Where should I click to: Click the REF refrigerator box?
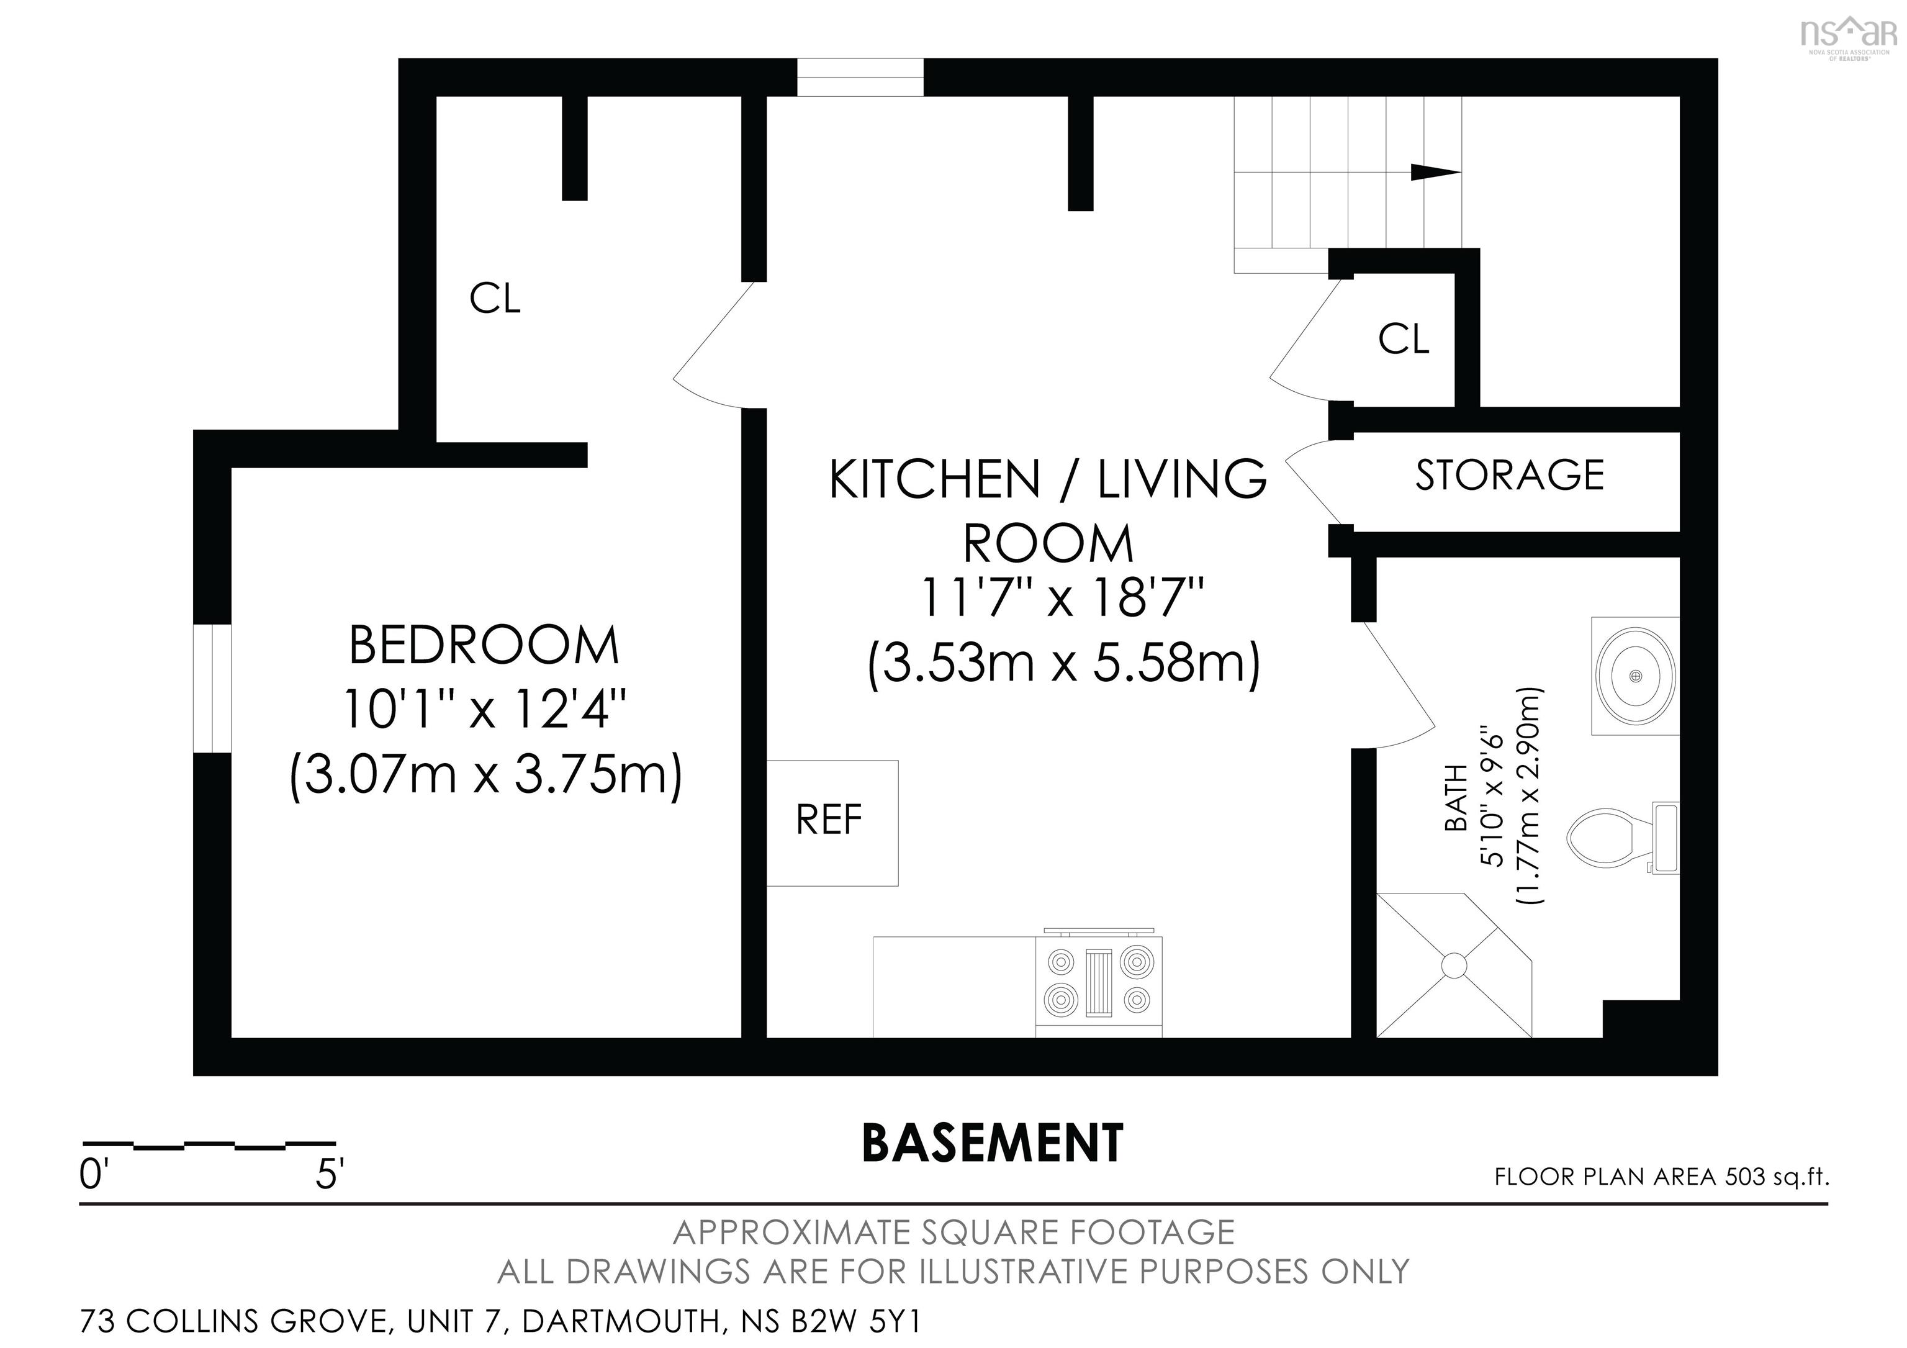click(831, 822)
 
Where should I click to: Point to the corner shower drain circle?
click(1454, 965)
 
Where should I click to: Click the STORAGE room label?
click(1509, 475)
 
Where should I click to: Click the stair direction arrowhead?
click(1435, 172)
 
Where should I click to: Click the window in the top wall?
click(860, 77)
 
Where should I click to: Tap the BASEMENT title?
click(993, 1143)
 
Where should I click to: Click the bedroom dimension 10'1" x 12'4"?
click(484, 711)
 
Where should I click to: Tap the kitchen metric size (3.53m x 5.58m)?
click(1064, 664)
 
